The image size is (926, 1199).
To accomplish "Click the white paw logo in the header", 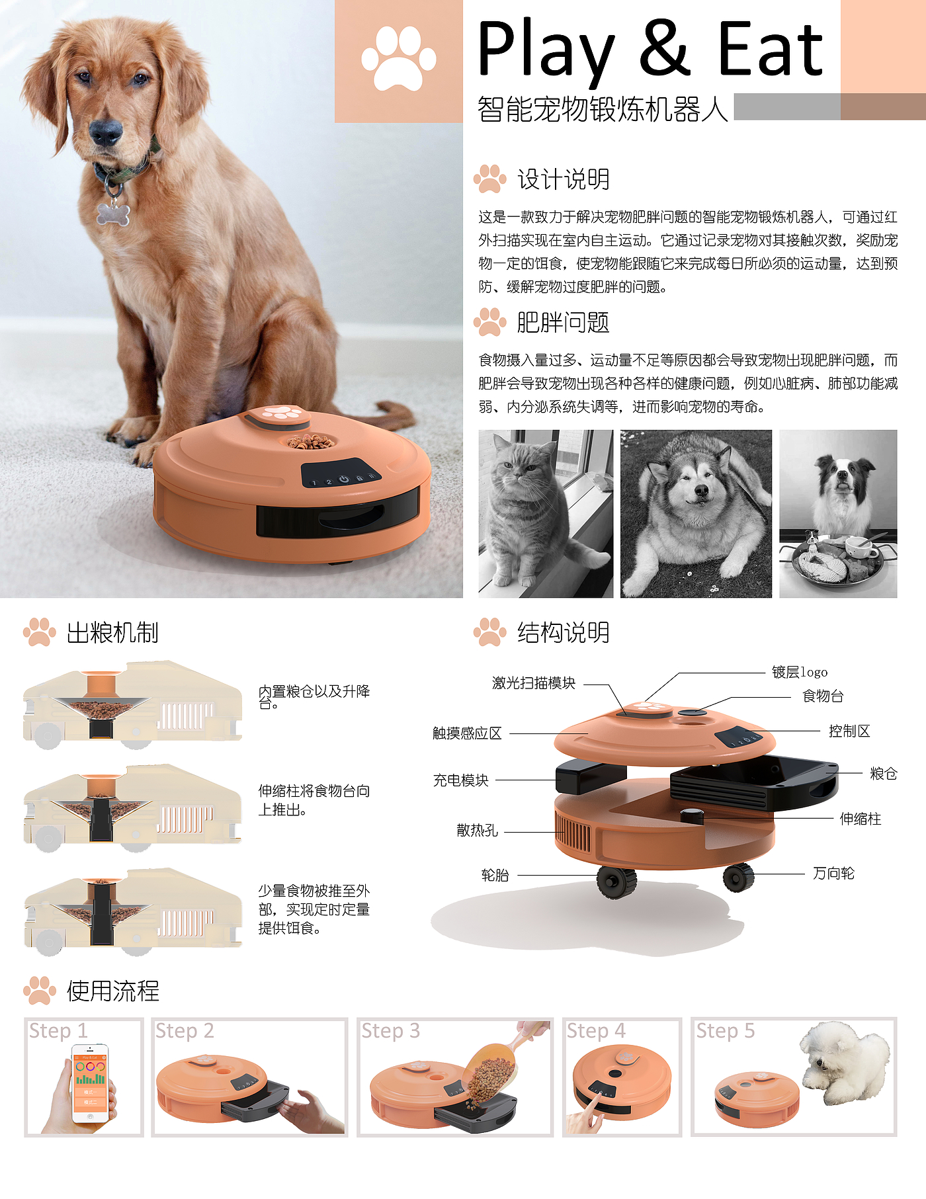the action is click(x=398, y=59).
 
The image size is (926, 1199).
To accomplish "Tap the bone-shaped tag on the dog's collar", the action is click(x=113, y=213).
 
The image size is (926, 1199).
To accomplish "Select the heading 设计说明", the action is click(x=563, y=179).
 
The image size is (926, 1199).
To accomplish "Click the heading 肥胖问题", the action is click(x=563, y=323).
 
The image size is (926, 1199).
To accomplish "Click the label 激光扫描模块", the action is click(x=534, y=683).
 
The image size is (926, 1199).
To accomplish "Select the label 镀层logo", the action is click(x=800, y=673).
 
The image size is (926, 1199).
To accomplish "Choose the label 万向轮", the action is click(x=833, y=874).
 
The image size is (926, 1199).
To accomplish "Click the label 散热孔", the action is click(x=477, y=831).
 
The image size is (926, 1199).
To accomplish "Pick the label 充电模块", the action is click(x=461, y=780).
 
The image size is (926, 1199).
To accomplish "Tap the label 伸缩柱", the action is click(x=861, y=819).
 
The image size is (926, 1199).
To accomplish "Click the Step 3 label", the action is click(x=391, y=1031).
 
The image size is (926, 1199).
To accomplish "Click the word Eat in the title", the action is click(x=771, y=48).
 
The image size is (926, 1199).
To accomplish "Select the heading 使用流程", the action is click(x=113, y=991).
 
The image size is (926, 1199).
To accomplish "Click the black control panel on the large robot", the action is click(x=341, y=474).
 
